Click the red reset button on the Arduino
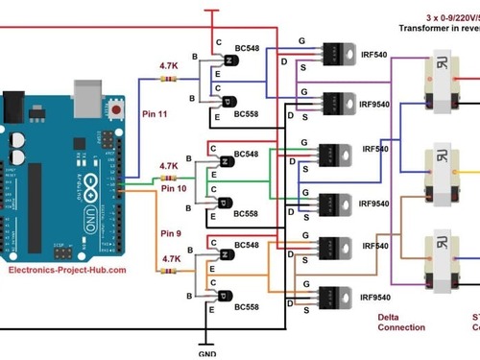[x=118, y=109]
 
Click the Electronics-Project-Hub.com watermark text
[x=67, y=271]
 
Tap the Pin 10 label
[x=174, y=189]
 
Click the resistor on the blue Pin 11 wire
[x=172, y=80]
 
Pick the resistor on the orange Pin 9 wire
[x=173, y=272]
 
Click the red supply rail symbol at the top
[x=212, y=12]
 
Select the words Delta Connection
[x=401, y=322]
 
